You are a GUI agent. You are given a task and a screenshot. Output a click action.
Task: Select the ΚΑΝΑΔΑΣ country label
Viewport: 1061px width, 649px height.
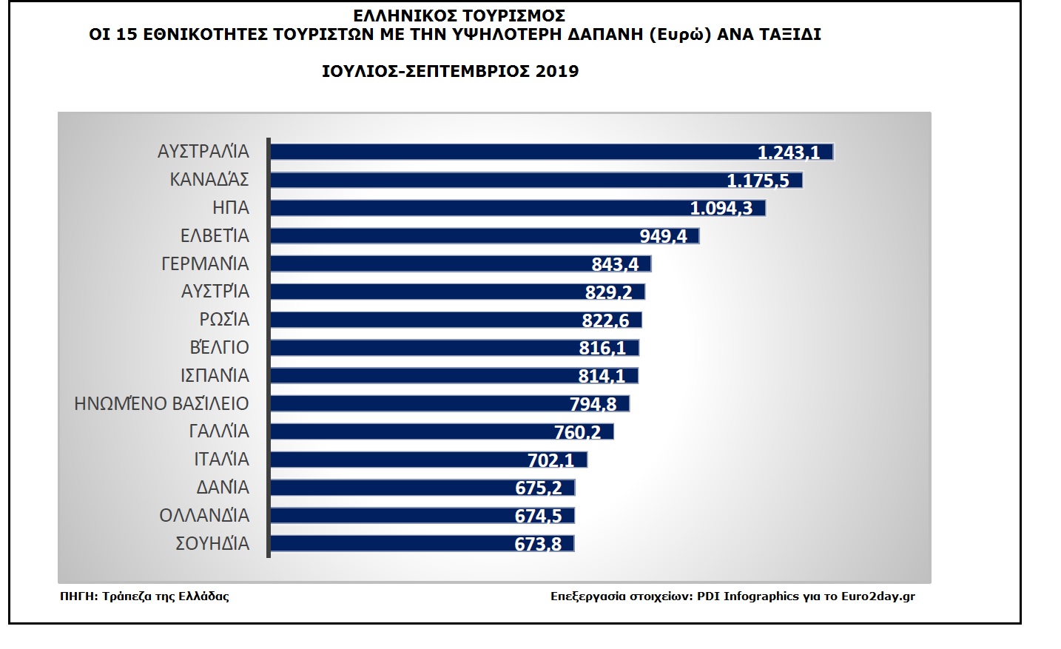pos(209,180)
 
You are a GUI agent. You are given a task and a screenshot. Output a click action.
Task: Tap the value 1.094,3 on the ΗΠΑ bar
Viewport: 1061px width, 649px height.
pos(721,208)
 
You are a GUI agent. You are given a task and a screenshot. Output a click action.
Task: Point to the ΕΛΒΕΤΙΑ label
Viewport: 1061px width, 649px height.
pos(215,236)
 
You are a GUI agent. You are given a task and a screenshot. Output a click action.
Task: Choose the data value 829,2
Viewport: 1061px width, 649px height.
pos(608,292)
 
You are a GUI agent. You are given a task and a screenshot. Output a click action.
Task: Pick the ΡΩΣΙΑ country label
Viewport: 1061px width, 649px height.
pos(224,320)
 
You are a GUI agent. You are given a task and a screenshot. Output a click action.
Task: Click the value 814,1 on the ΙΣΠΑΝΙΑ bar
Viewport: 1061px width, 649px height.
pos(601,376)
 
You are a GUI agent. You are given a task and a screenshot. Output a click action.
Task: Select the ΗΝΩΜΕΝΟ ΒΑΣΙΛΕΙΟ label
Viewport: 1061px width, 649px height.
pos(161,404)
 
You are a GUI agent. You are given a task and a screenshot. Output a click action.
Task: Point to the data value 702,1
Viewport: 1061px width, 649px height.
pos(550,460)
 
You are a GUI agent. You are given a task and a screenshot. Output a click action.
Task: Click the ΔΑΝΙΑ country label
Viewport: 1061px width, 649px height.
pos(223,488)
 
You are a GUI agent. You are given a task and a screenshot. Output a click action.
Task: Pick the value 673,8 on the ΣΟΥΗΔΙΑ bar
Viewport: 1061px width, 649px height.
pos(538,545)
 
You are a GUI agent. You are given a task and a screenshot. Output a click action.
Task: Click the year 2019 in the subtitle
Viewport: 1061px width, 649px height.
pos(557,72)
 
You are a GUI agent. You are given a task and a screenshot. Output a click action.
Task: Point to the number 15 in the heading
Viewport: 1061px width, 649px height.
pos(127,35)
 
